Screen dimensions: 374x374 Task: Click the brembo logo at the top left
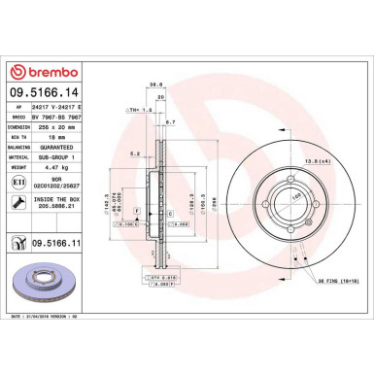pos(36,71)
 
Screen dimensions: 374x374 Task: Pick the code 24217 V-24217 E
pos(59,106)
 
